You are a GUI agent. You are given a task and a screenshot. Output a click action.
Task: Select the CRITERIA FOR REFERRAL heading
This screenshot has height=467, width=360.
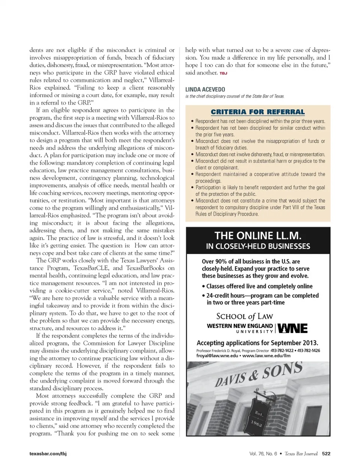coord(258,112)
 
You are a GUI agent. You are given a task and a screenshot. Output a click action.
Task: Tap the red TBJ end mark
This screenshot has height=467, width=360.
coord(223,73)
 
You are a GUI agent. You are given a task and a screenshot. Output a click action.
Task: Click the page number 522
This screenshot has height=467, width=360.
coord(326,453)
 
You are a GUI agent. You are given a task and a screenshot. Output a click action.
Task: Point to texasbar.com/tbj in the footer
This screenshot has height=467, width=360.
coord(48,453)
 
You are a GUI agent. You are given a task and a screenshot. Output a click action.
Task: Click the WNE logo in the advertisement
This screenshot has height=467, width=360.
coord(292,328)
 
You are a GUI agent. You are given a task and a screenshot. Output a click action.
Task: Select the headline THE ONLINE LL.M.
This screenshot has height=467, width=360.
coord(258,236)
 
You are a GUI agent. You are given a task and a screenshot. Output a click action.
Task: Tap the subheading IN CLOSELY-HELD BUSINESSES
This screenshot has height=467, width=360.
coord(258,246)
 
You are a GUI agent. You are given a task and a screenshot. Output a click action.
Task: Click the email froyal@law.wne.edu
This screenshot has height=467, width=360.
coord(217,356)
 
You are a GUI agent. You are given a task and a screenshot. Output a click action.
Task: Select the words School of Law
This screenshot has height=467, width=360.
coord(244,316)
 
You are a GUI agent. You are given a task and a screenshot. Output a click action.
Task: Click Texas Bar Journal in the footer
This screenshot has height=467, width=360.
coord(301,453)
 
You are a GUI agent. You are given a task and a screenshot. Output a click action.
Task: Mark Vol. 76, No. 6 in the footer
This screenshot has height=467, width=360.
coord(263,453)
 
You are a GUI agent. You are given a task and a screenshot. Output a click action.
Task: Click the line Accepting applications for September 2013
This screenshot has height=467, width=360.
coord(257,342)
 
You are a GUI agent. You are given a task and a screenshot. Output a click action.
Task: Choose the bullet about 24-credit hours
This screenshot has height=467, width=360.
coord(260,299)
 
